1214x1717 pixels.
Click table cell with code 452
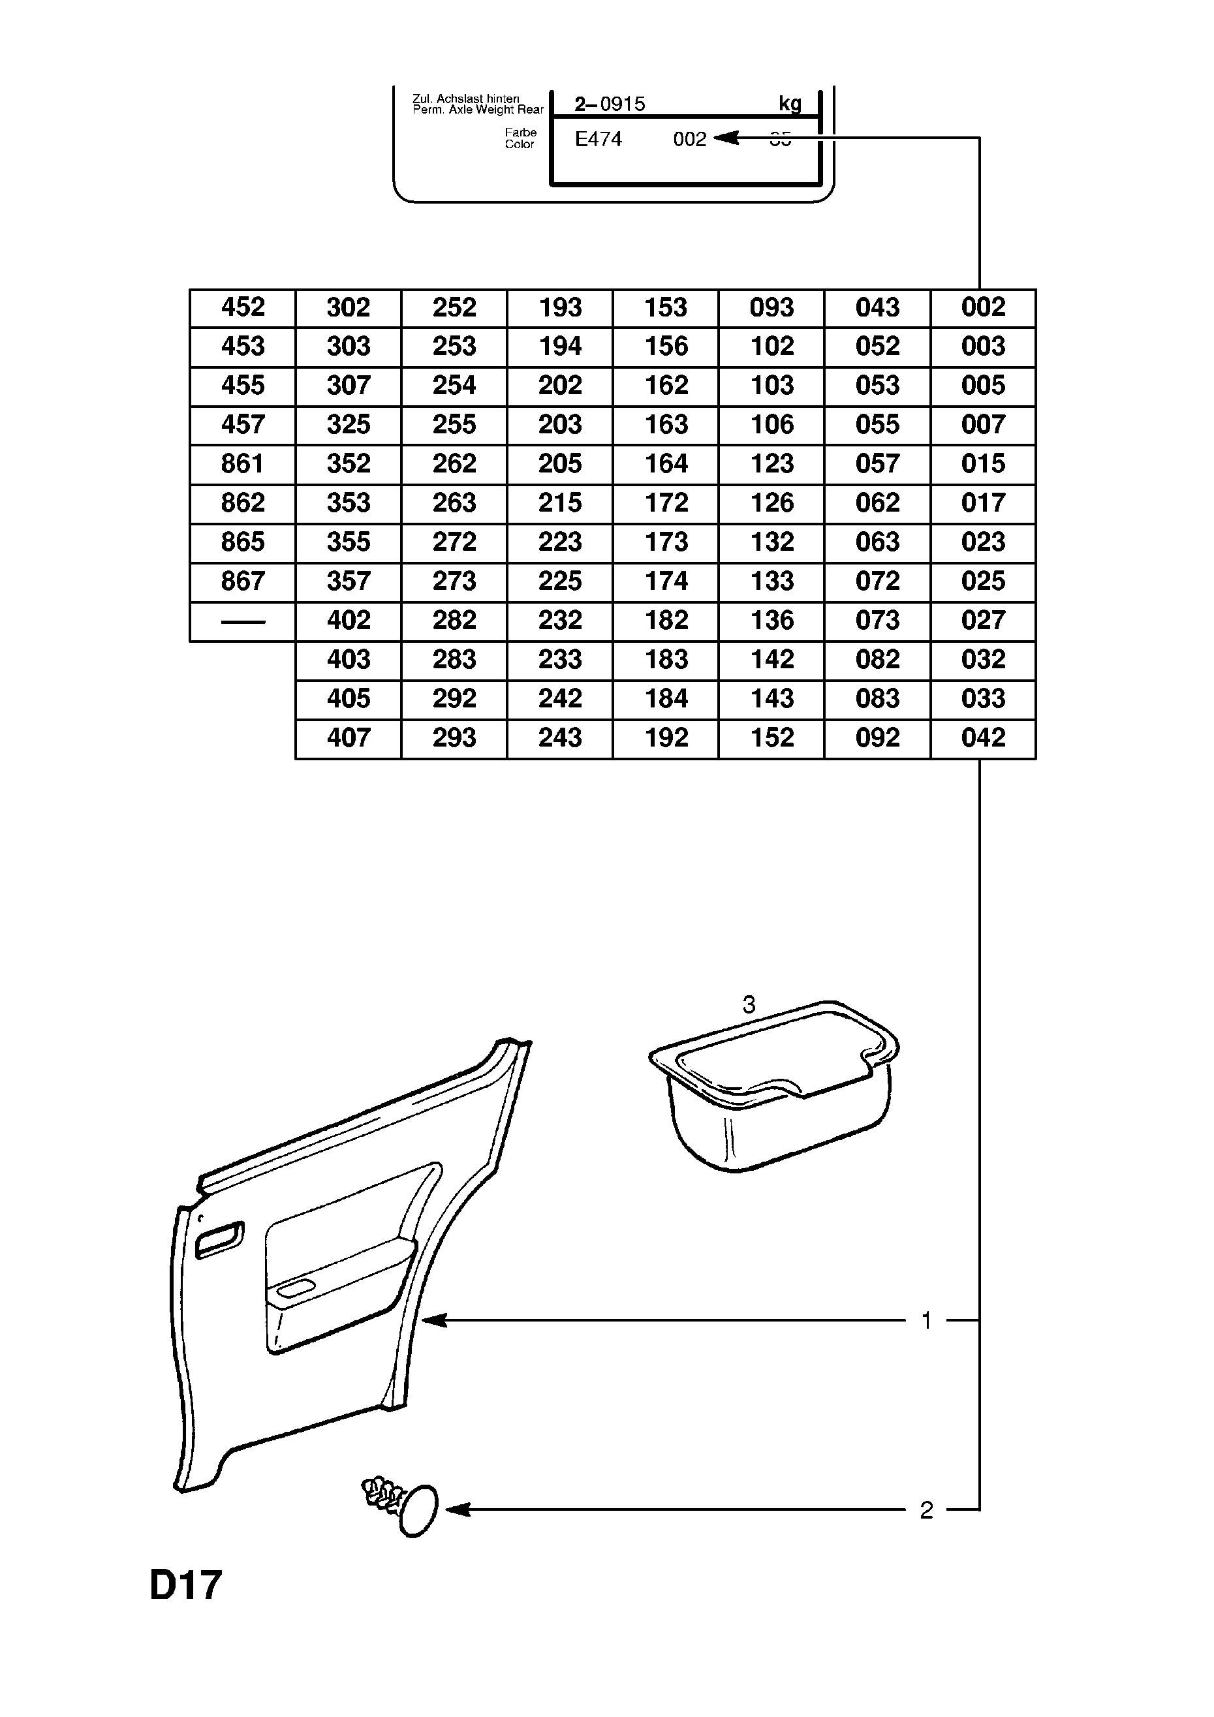click(243, 307)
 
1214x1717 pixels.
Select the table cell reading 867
click(243, 581)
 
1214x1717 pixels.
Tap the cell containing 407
click(349, 738)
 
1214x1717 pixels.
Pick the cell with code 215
click(560, 503)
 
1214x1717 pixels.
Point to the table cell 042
click(983, 738)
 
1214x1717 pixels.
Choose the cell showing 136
click(772, 621)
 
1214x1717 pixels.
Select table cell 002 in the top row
click(983, 307)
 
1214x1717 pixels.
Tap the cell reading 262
click(454, 463)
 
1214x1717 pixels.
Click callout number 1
click(927, 1322)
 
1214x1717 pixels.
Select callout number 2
click(927, 1511)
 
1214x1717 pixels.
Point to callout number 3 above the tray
click(749, 1005)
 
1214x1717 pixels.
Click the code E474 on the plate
click(599, 140)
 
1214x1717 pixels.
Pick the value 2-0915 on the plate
click(610, 104)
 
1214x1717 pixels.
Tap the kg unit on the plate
click(790, 104)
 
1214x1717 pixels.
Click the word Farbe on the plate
click(521, 133)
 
